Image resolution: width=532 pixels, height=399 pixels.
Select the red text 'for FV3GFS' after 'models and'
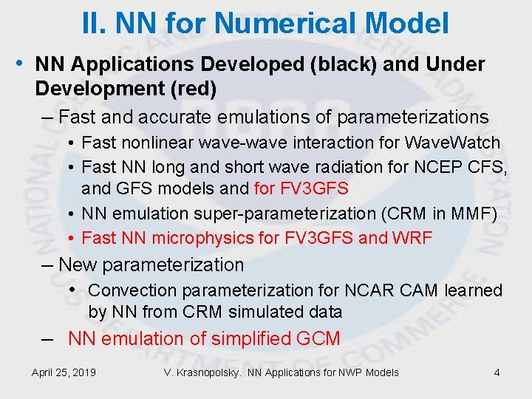click(301, 188)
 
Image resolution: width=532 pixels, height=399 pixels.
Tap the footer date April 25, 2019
click(64, 372)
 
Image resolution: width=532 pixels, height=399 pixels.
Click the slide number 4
click(497, 372)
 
